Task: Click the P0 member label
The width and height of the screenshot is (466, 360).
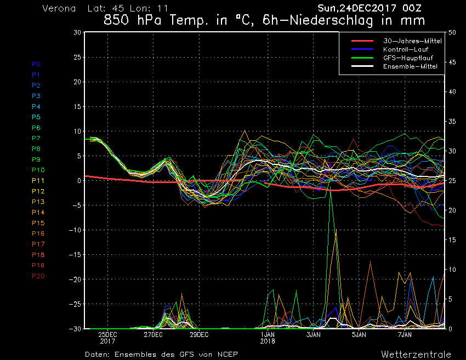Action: tap(36, 64)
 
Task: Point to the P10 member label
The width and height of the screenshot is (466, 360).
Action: tap(38, 170)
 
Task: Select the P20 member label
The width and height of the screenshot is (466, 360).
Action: tap(38, 276)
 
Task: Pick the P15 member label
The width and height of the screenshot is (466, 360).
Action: tap(38, 223)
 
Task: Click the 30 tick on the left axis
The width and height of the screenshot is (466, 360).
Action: tap(77, 32)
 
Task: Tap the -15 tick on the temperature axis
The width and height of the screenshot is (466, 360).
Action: tap(75, 255)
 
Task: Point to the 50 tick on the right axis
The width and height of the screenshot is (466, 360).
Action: tap(452, 32)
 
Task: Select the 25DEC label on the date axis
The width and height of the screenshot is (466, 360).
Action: tap(107, 334)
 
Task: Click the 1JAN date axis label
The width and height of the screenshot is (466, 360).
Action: tap(268, 334)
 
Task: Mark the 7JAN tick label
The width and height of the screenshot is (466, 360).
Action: tap(405, 334)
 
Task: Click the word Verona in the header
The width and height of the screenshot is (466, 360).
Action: tap(60, 9)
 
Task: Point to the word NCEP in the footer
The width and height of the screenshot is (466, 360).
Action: tap(227, 355)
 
